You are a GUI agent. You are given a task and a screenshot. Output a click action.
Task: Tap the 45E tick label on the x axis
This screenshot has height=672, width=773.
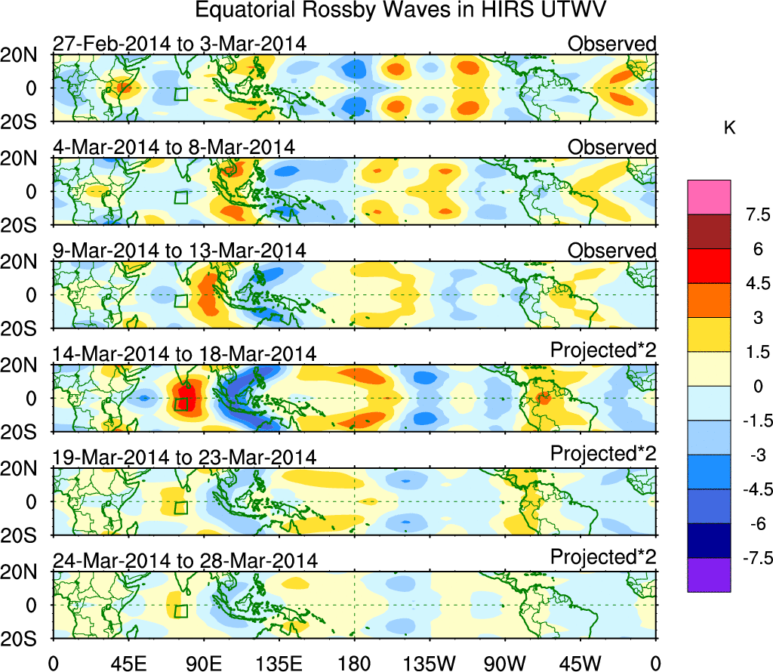[128, 663]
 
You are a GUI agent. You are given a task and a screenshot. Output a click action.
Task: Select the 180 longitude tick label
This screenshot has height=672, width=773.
[354, 663]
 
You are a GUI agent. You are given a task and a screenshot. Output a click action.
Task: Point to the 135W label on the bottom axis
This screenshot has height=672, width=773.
[430, 663]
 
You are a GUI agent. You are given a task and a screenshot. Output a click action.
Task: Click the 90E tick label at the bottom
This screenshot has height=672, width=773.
[203, 663]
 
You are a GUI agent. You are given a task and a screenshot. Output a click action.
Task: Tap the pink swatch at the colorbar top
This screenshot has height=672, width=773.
[709, 197]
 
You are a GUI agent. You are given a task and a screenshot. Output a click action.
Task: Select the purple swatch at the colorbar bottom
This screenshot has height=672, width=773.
[709, 575]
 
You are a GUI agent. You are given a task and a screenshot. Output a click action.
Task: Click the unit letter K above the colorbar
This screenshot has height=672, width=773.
[729, 129]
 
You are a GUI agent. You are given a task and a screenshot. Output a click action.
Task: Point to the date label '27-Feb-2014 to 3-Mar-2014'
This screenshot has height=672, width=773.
[180, 44]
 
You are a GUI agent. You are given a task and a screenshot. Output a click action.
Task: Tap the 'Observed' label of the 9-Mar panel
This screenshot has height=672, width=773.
[612, 250]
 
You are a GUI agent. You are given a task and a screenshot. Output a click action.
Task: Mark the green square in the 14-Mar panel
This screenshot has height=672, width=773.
[181, 404]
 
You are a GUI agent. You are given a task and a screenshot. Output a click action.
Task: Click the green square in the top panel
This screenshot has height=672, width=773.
[181, 94]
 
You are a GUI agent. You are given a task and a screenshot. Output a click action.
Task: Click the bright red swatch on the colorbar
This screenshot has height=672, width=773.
[709, 266]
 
